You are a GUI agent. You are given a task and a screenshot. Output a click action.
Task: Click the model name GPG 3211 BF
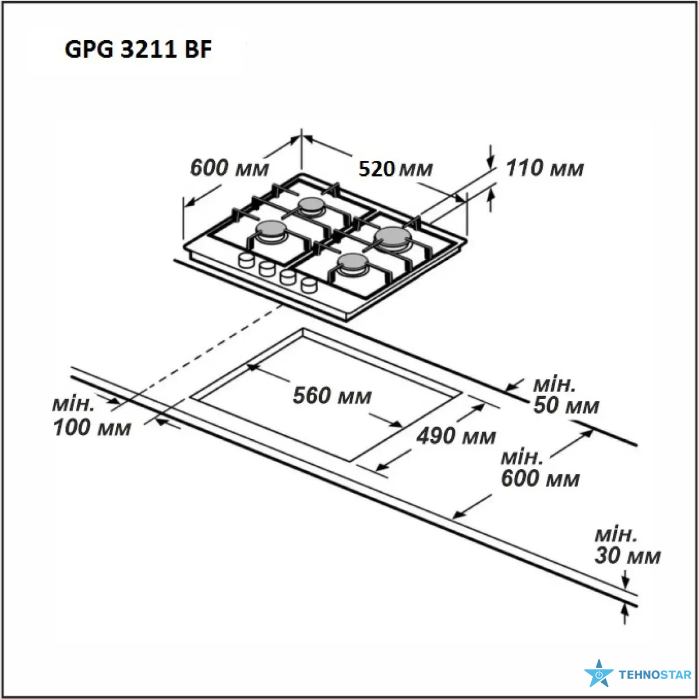tap(138, 49)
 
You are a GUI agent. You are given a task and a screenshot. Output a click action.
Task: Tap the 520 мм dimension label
tap(396, 169)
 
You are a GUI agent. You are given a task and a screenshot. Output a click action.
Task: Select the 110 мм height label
tap(545, 168)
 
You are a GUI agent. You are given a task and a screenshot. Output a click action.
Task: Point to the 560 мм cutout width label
tap(332, 396)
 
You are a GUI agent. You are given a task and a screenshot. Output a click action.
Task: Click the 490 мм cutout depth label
tap(456, 436)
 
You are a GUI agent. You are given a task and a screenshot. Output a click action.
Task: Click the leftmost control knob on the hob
tap(246, 260)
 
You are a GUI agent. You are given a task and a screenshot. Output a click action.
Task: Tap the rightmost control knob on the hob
tap(309, 285)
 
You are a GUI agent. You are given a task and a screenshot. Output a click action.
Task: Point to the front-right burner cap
tap(352, 262)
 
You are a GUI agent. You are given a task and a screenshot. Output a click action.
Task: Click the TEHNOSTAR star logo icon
tap(599, 673)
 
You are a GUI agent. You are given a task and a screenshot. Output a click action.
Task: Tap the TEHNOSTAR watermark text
tap(655, 675)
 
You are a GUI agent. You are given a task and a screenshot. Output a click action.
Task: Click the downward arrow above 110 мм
tap(491, 157)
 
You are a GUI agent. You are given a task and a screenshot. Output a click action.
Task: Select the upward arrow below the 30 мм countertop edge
tap(624, 616)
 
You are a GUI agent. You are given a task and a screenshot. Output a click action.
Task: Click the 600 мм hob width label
tap(230, 168)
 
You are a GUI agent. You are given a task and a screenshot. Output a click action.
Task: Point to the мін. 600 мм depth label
tap(540, 469)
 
